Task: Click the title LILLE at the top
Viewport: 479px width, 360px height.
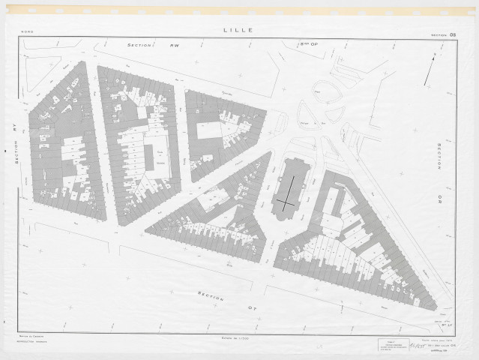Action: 238,31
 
